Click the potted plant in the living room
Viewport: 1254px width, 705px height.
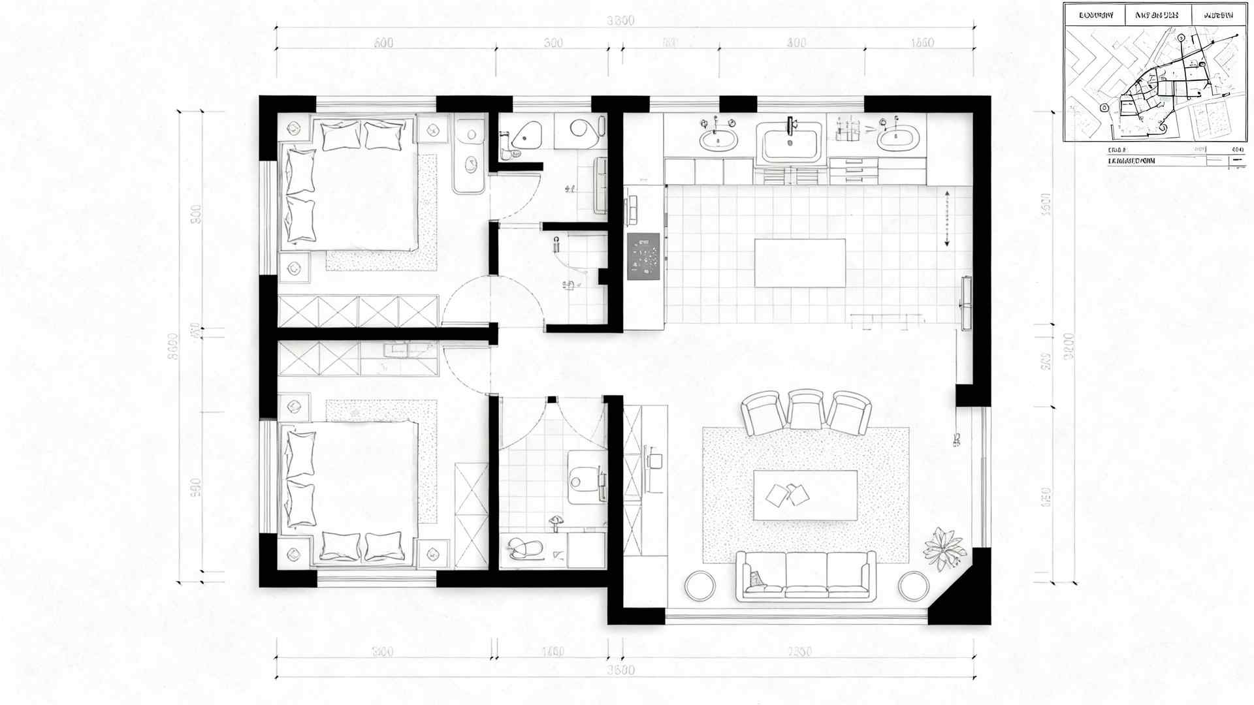tap(944, 548)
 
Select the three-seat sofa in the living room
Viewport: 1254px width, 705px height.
tap(806, 576)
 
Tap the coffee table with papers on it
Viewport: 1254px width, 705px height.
tap(805, 495)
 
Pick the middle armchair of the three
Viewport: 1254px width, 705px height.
tap(806, 409)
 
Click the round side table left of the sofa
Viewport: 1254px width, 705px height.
tap(700, 586)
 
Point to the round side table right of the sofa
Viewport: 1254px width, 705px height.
tap(913, 586)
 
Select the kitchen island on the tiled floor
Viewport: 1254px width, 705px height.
tap(800, 263)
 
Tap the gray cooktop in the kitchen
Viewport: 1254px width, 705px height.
tap(644, 257)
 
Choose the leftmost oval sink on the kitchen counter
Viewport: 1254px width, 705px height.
tap(718, 138)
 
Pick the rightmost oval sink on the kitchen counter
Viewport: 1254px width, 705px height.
tap(898, 138)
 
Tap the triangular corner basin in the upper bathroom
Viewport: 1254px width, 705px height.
tap(526, 135)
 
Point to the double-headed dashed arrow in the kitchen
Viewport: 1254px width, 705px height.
tap(946, 218)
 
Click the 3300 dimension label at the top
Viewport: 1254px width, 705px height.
tap(620, 21)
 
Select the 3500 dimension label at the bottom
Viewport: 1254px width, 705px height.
tap(620, 670)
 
